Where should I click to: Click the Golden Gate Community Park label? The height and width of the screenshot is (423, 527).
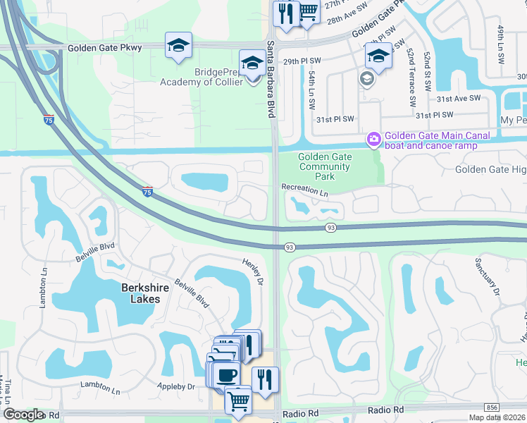click(x=324, y=167)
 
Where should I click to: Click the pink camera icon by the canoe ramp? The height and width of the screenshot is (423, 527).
click(x=372, y=140)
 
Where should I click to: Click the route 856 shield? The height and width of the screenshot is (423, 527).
click(x=492, y=408)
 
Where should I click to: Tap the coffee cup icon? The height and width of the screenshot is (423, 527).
click(x=226, y=374)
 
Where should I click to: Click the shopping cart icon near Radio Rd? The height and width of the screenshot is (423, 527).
click(x=238, y=400)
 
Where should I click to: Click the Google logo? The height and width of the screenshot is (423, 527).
click(x=23, y=415)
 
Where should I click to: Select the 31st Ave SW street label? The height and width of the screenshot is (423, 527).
click(x=458, y=98)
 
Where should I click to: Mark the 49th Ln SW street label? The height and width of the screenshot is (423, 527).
click(x=500, y=42)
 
